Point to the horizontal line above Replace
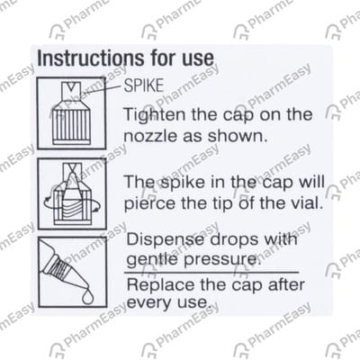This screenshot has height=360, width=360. tap(211, 272)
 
